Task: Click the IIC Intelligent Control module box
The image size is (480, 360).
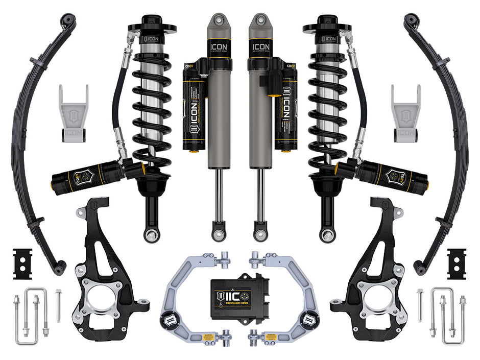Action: pyautogui.click(x=240, y=299)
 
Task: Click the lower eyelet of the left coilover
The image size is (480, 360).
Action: pyautogui.click(x=151, y=235)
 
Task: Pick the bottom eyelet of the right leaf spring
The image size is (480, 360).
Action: pyautogui.click(x=419, y=267)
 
